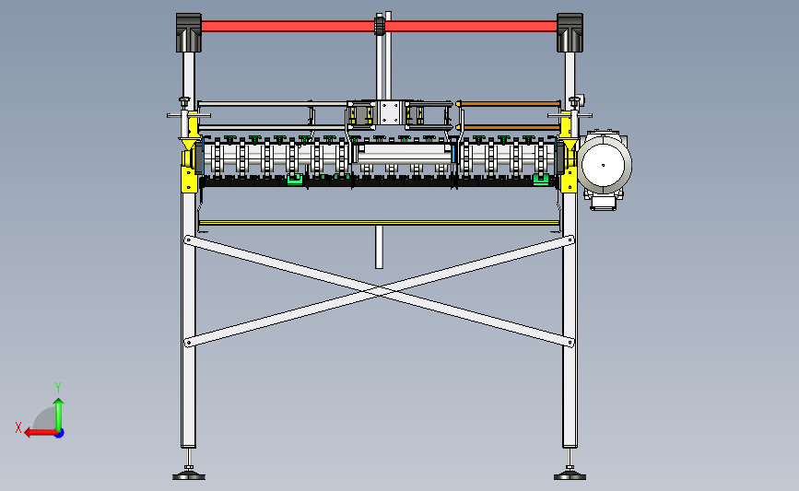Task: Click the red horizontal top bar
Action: [x=276, y=26]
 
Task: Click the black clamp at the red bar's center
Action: [x=378, y=25]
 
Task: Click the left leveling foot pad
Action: [x=189, y=475]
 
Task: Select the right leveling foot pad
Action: [x=570, y=475]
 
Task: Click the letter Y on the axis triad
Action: [x=58, y=388]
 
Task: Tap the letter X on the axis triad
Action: [x=18, y=427]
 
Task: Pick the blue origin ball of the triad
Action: [x=58, y=432]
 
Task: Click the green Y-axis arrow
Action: [x=58, y=410]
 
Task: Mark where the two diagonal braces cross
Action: [x=380, y=292]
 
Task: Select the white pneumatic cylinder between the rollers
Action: [x=405, y=152]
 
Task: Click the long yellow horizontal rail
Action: [x=378, y=222]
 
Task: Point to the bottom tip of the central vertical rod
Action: [x=379, y=265]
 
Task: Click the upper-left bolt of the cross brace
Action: [x=189, y=240]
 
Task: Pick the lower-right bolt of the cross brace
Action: [x=570, y=344]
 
